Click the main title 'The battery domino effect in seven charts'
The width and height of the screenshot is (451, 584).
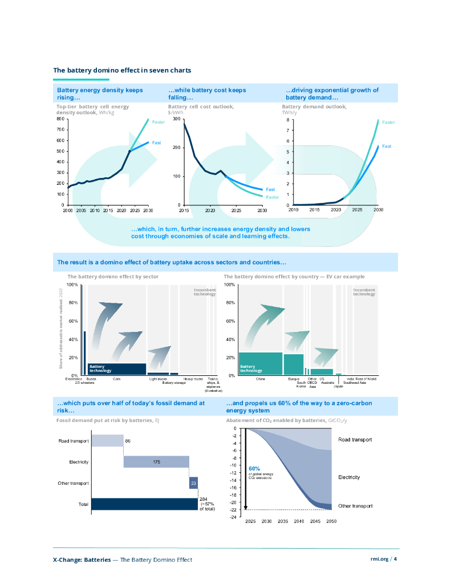122,70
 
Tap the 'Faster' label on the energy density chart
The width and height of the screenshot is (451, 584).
158,121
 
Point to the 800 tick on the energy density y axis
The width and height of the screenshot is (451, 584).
60,119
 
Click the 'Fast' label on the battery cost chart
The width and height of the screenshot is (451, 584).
270,189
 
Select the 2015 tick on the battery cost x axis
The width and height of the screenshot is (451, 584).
184,210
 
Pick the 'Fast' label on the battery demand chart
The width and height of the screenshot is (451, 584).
386,147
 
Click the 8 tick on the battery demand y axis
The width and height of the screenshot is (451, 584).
288,120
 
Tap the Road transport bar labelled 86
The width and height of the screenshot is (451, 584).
107,441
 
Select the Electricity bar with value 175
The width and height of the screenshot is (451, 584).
156,462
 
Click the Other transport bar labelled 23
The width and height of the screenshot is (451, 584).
193,483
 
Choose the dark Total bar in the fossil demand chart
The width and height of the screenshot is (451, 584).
144,504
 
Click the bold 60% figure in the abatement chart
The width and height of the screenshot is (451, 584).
254,468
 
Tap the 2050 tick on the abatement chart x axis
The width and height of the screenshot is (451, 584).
331,522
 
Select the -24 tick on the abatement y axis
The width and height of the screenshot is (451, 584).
233,517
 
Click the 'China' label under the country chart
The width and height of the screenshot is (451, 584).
260,379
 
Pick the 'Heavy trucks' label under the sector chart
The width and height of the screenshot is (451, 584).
193,379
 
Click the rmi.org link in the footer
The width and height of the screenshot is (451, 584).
379,559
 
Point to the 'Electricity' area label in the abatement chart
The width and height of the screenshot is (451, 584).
349,477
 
